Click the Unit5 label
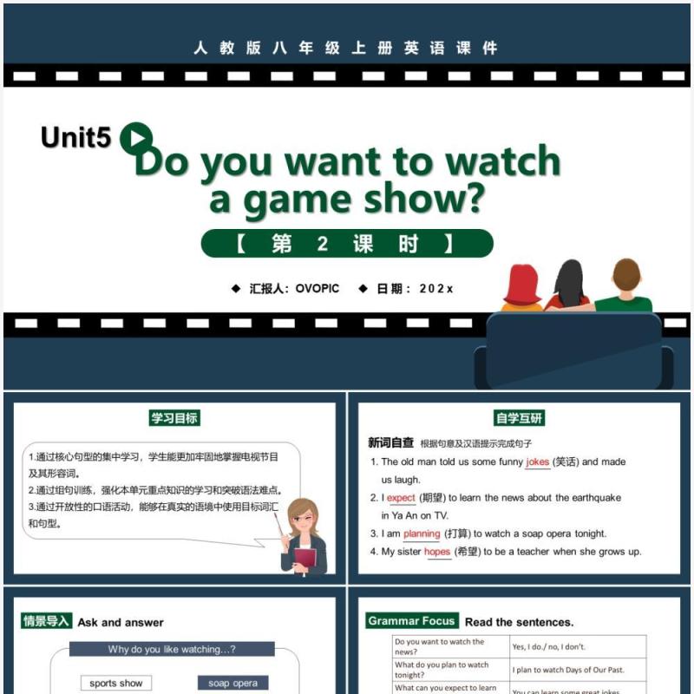75,137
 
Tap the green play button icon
136,138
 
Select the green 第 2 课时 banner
347,244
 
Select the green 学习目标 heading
173,418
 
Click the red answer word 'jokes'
537,462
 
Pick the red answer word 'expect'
401,498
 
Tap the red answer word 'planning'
422,534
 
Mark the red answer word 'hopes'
437,552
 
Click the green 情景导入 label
46,621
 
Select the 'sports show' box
115,683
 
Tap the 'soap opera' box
232,683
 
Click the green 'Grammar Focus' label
411,621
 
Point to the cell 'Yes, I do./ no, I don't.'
549,646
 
